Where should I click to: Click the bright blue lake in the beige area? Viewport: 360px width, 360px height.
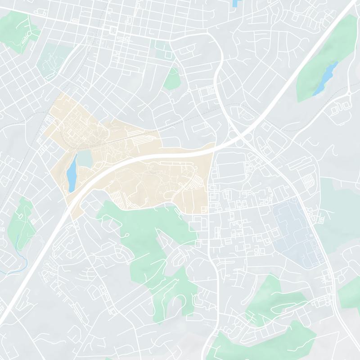(x=72, y=176)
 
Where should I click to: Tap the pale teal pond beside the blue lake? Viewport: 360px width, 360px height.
(x=84, y=158)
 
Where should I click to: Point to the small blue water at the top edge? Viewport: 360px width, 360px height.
(x=235, y=3)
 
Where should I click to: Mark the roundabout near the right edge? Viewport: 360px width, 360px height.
(x=349, y=94)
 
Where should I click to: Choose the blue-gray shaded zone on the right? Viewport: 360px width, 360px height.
(x=297, y=229)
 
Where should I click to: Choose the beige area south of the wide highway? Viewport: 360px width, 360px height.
(x=166, y=184)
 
